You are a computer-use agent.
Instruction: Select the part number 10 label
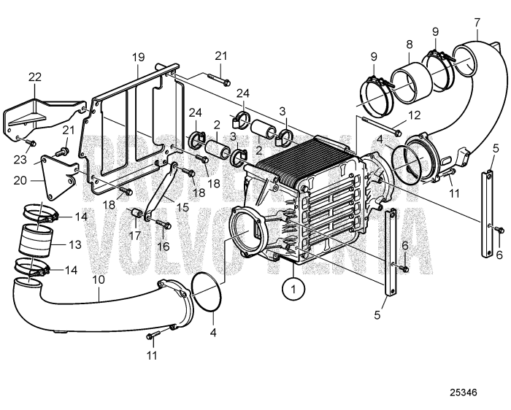pos(99,279)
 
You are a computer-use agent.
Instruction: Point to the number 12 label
pos(414,115)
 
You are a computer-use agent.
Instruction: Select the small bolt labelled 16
pos(161,223)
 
